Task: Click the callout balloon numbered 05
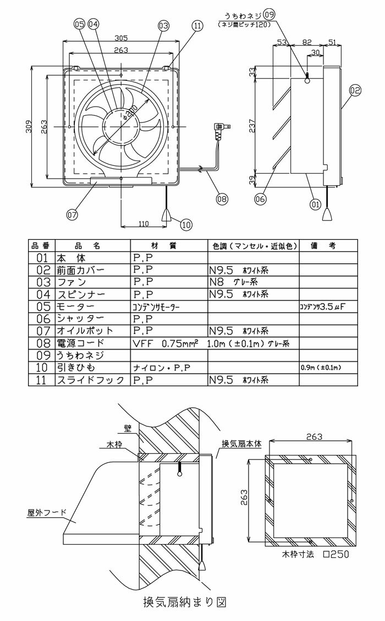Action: pyautogui.click(x=79, y=24)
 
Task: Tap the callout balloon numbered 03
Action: pyautogui.click(x=163, y=25)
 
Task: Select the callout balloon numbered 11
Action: pyautogui.click(x=197, y=25)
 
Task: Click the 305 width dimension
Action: pyautogui.click(x=122, y=38)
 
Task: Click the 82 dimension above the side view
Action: pyautogui.click(x=307, y=42)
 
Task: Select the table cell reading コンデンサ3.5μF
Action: pyautogui.click(x=321, y=306)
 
